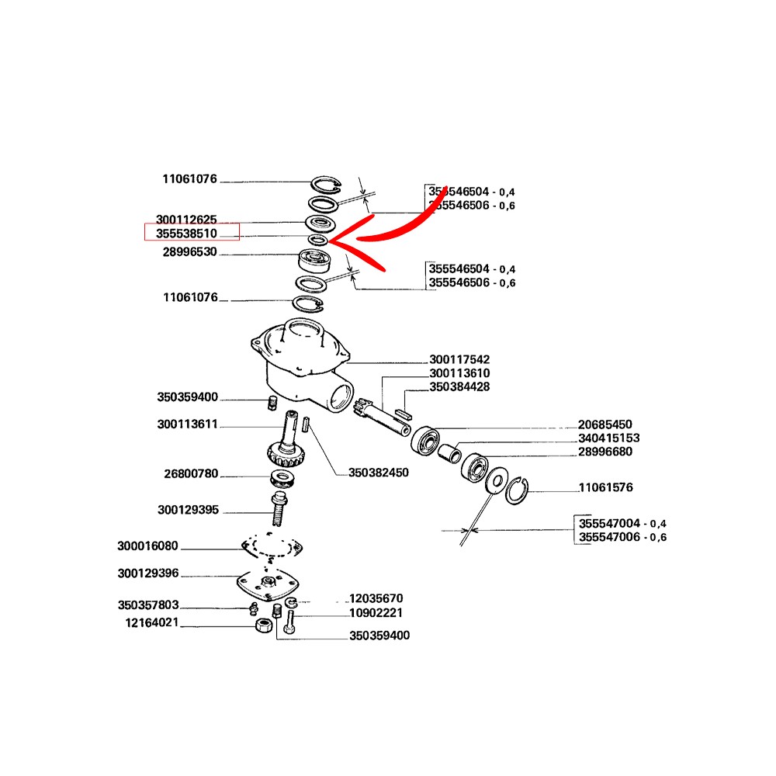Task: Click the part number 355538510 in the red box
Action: click(186, 233)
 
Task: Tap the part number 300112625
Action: click(186, 220)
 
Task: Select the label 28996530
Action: click(190, 252)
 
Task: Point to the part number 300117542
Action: click(459, 359)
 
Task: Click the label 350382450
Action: click(379, 473)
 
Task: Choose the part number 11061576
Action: click(606, 487)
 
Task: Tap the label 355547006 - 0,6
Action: click(622, 537)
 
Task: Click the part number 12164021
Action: click(152, 622)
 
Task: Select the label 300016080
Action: click(147, 546)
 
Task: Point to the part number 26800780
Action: click(191, 473)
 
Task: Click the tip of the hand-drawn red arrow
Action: click(329, 241)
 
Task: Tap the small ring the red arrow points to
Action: click(317, 240)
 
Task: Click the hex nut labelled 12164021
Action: click(263, 625)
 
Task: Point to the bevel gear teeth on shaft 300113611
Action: click(286, 456)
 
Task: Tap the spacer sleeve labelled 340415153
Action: click(449, 454)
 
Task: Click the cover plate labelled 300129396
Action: click(268, 585)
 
